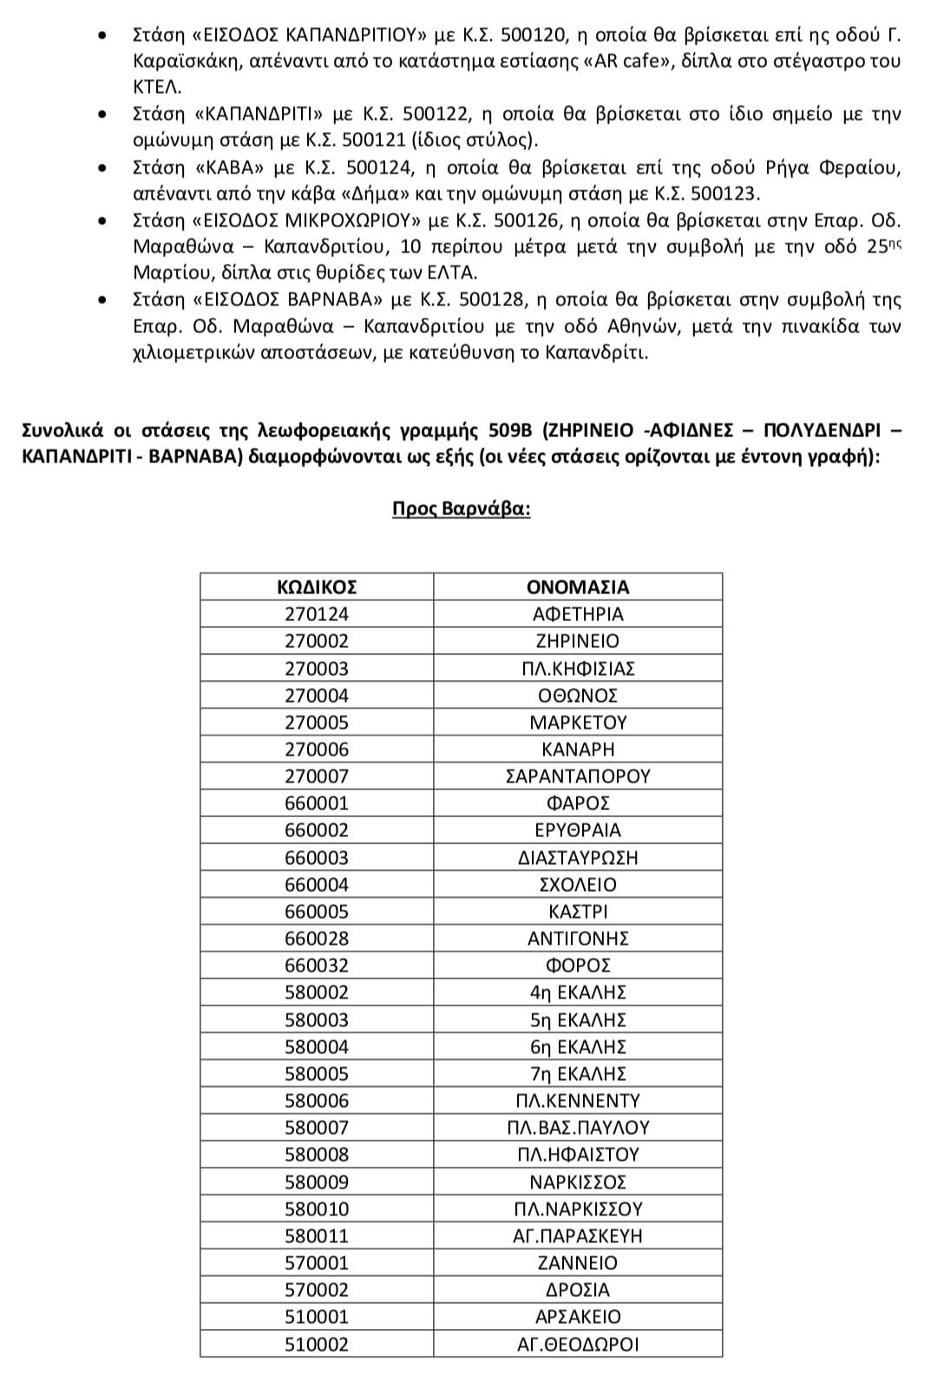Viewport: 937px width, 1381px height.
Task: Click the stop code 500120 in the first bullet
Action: click(533, 35)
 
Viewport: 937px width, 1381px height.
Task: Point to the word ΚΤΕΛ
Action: click(156, 87)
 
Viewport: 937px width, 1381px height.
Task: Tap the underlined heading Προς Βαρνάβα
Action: click(461, 508)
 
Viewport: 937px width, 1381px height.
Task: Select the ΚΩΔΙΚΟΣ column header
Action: click(317, 587)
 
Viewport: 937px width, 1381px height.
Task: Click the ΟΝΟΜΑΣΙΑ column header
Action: click(578, 587)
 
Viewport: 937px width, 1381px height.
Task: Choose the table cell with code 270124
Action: click(317, 614)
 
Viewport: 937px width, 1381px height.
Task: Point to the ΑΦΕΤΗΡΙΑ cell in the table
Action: click(578, 614)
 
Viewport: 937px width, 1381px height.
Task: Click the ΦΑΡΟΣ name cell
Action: click(578, 803)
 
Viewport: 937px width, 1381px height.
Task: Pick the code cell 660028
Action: click(317, 939)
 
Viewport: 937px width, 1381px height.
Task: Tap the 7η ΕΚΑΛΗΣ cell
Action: click(578, 1074)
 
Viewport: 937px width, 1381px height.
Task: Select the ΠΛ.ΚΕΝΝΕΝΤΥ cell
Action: click(578, 1101)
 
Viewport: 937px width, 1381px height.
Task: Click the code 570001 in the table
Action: click(317, 1263)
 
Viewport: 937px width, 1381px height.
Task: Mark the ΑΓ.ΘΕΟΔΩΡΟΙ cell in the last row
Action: click(578, 1345)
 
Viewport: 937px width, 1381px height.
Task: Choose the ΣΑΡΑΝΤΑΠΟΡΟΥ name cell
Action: click(578, 776)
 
